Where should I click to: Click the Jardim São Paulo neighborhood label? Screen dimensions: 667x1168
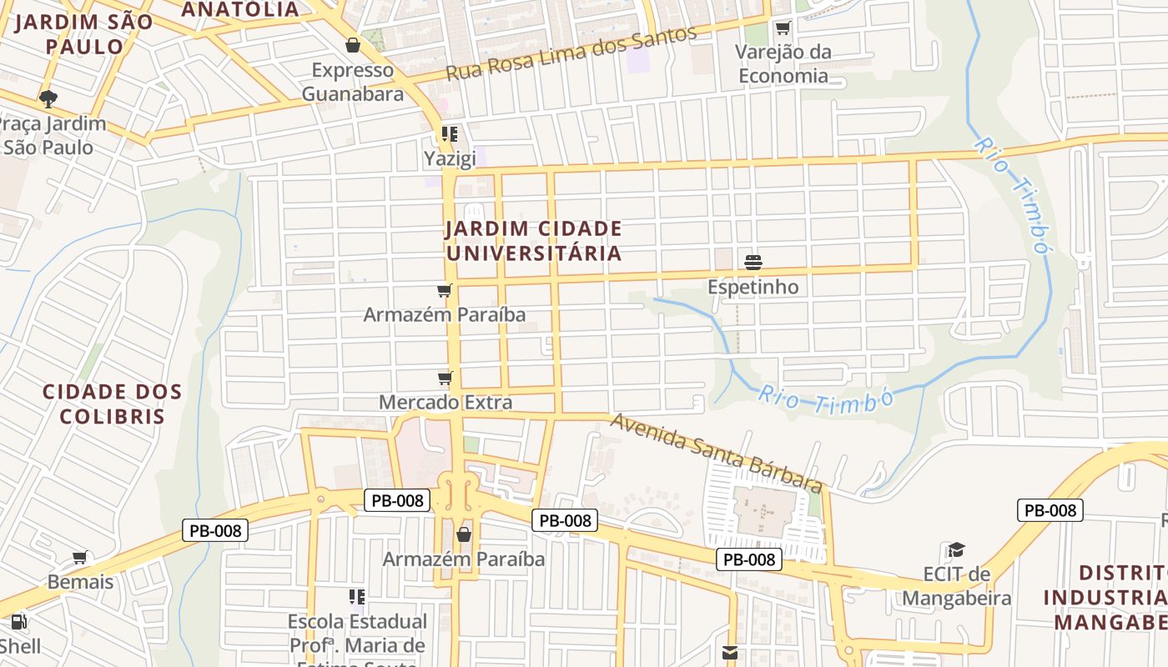point(84,34)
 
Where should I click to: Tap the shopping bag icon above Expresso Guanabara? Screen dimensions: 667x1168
point(353,45)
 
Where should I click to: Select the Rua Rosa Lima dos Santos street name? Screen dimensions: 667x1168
point(571,53)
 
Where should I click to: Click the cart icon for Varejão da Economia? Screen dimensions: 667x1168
point(783,28)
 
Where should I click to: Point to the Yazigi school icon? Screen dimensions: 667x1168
point(450,134)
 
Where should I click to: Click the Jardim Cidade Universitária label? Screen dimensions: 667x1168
point(534,241)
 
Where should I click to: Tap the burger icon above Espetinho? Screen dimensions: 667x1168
point(753,263)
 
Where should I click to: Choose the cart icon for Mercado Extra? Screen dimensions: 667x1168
point(446,378)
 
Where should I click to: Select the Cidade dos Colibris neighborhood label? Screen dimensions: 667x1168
point(112,404)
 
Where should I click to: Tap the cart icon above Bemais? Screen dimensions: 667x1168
point(80,557)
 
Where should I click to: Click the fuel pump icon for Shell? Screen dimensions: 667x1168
point(18,621)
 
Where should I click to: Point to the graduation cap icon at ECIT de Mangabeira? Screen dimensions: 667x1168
point(956,549)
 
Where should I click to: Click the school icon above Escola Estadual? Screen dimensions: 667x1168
point(357,597)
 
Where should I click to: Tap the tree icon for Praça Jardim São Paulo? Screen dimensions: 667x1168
point(48,99)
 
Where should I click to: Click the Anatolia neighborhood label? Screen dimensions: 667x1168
point(240,9)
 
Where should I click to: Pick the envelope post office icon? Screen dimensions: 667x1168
point(730,653)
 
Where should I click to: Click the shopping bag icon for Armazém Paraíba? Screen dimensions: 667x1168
point(464,534)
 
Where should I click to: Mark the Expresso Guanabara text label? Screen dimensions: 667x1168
point(352,82)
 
